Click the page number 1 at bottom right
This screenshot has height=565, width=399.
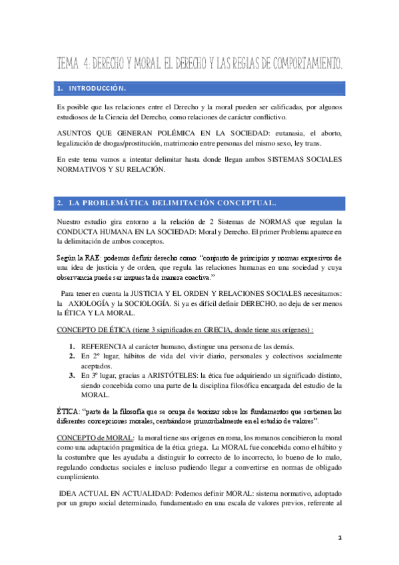pos(339,537)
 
